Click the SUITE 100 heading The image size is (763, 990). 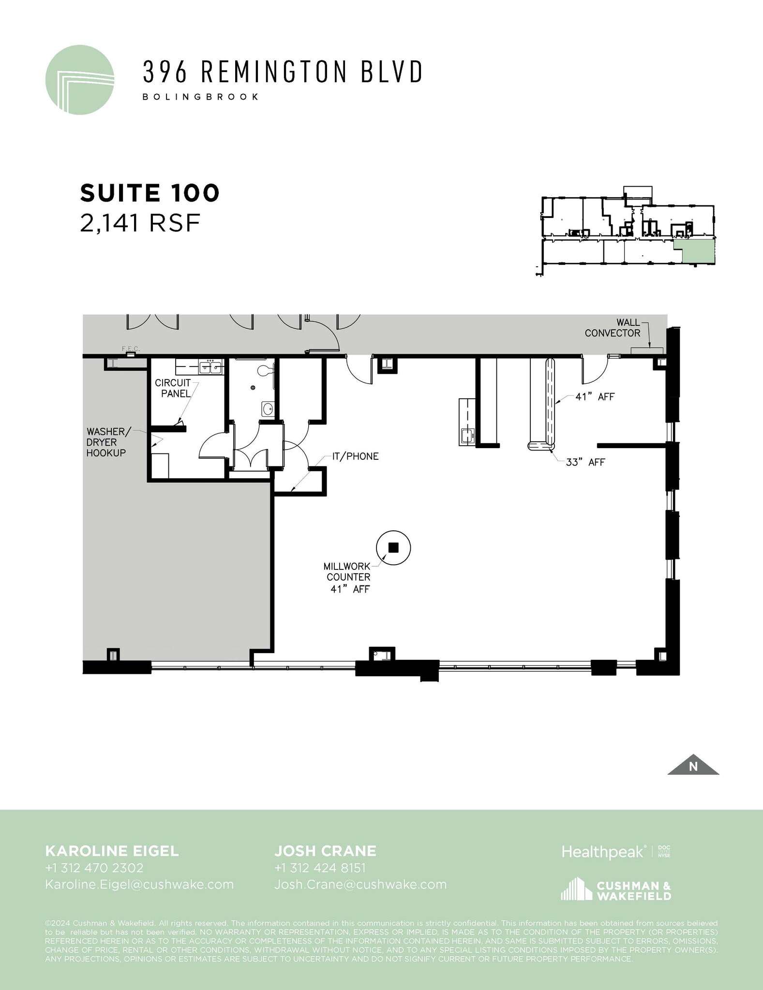pos(150,193)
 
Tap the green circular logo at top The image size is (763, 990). pos(80,80)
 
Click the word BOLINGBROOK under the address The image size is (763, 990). pos(200,97)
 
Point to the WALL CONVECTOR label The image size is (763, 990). pos(612,328)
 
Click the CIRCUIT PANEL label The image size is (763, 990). pos(173,388)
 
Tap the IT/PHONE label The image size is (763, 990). pos(355,456)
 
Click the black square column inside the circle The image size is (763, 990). pos(393,547)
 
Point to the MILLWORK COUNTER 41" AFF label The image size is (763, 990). pos(348,577)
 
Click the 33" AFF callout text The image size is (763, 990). pos(585,462)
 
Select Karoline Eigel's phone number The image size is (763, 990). pos(94,868)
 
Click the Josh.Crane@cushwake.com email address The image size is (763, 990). pos(360,884)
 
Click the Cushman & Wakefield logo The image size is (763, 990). pos(615,890)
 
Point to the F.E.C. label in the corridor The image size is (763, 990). pos(131,349)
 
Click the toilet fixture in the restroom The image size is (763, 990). pos(265,371)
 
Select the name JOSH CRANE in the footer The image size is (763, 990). pos(325,851)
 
